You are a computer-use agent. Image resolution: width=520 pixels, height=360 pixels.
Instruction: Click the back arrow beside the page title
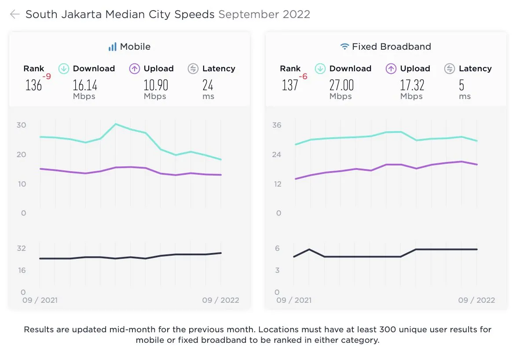[15, 15]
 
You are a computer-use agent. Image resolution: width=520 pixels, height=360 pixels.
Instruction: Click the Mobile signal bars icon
[113, 47]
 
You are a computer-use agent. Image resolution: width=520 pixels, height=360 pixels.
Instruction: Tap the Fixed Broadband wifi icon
[344, 47]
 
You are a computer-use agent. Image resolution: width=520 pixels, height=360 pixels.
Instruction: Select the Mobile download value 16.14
[85, 84]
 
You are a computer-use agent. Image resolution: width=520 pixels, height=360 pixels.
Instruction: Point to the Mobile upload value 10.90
[156, 84]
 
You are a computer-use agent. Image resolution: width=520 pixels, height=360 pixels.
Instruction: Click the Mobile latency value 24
[208, 84]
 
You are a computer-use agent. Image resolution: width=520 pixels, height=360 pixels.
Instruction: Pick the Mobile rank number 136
[33, 84]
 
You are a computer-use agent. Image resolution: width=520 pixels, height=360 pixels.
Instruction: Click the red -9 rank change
[47, 77]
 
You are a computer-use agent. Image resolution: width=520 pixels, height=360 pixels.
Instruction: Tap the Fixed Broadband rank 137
[290, 84]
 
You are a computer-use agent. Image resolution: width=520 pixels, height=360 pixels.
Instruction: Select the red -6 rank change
[303, 77]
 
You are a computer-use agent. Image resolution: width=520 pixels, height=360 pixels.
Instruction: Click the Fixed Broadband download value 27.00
[341, 84]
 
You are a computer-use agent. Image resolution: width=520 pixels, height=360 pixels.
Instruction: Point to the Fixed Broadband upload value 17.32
[412, 84]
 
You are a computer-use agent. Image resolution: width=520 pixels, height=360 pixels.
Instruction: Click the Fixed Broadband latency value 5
[461, 84]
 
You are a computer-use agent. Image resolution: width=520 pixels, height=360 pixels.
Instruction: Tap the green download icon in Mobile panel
[64, 69]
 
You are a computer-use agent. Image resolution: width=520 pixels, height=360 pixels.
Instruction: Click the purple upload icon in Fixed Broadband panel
[391, 69]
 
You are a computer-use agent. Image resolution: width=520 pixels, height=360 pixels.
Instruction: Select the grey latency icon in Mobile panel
[193, 69]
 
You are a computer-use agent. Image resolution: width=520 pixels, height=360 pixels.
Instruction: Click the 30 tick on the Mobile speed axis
[22, 125]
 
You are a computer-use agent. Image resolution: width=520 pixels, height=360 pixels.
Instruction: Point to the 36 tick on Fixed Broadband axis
[277, 125]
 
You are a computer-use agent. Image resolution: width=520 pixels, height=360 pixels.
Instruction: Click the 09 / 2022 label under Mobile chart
[220, 300]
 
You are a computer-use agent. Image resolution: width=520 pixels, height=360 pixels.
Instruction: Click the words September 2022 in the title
[264, 15]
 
